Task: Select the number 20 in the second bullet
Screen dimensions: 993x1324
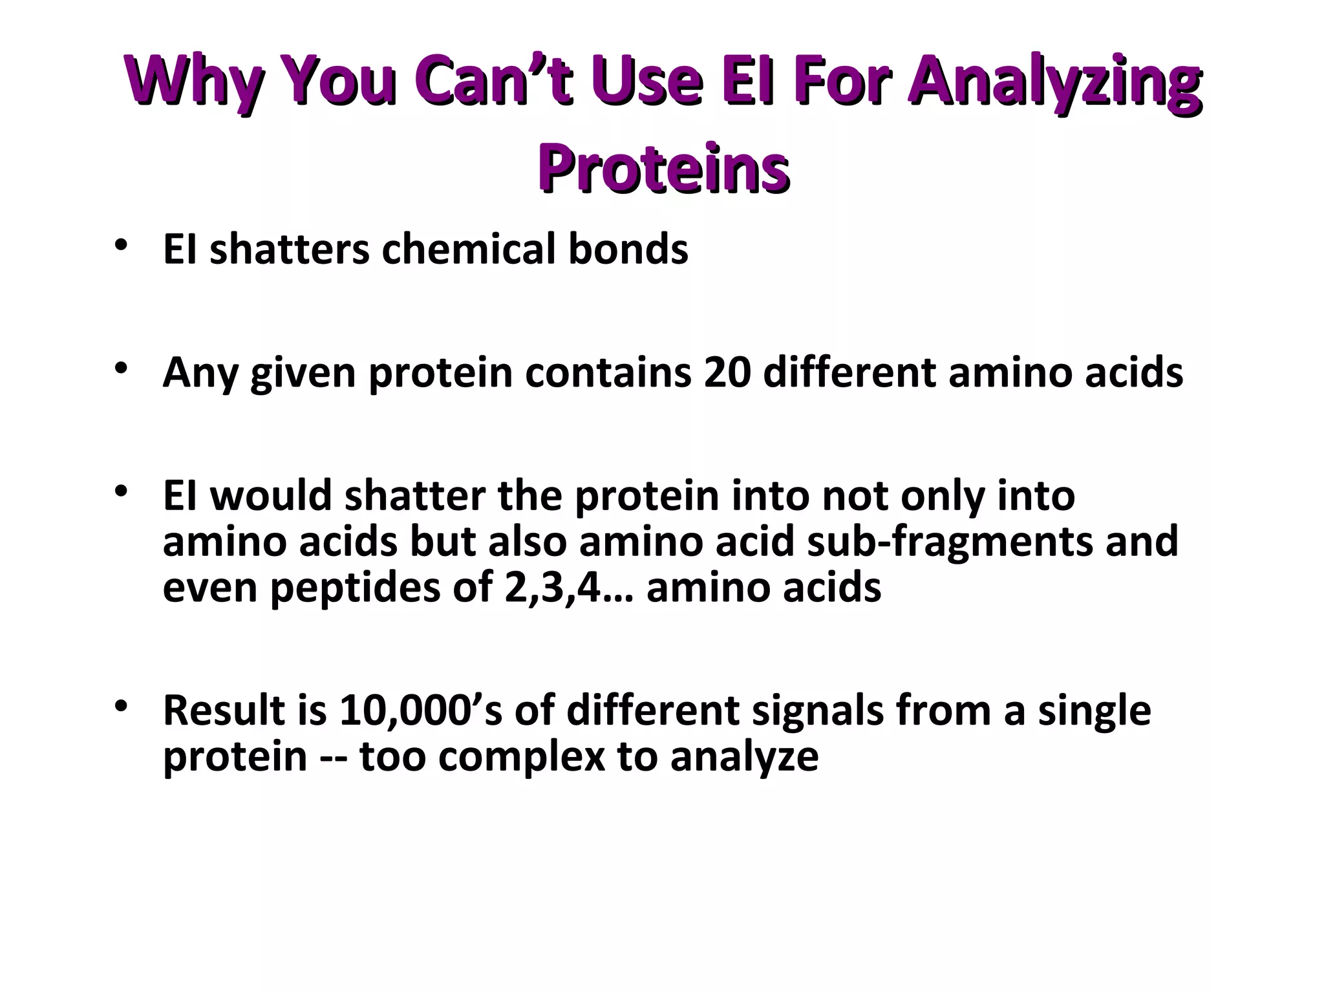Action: pos(727,373)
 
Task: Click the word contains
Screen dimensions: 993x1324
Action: pos(608,373)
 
